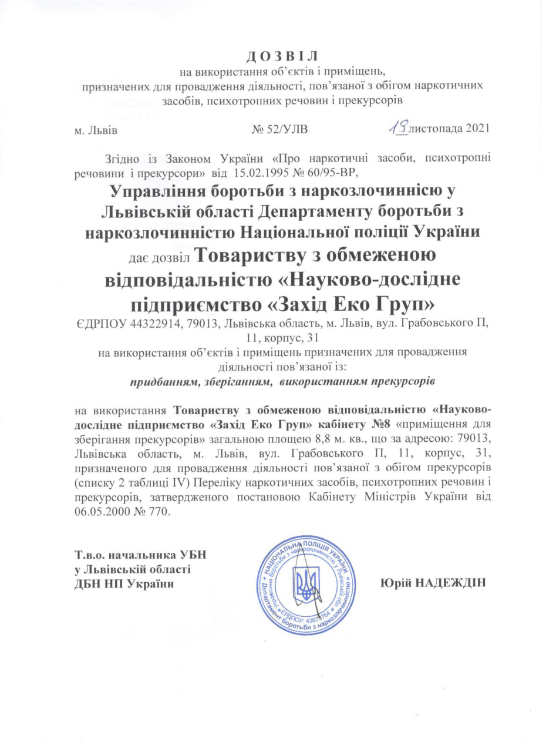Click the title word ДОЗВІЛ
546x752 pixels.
point(280,56)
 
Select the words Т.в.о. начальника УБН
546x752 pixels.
point(140,555)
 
